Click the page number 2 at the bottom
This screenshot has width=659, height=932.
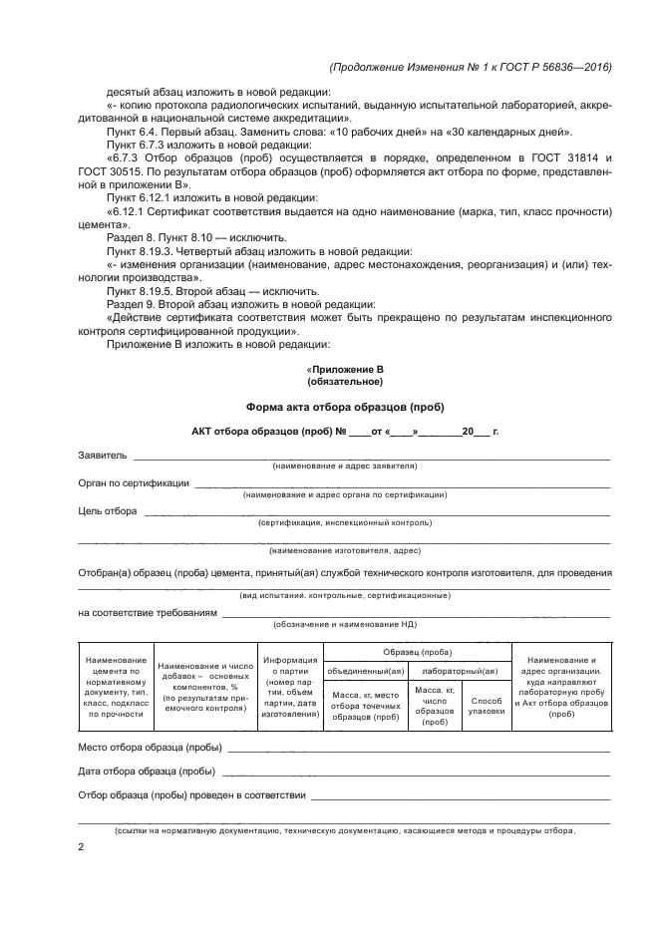point(81,847)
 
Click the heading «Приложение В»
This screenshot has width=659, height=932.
point(344,369)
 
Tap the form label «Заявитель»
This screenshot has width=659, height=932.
point(103,456)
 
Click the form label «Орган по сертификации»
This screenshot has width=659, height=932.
point(134,482)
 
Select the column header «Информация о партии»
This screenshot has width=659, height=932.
point(289,687)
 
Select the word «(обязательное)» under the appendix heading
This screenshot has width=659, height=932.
point(344,381)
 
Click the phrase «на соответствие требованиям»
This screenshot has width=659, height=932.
point(147,613)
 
